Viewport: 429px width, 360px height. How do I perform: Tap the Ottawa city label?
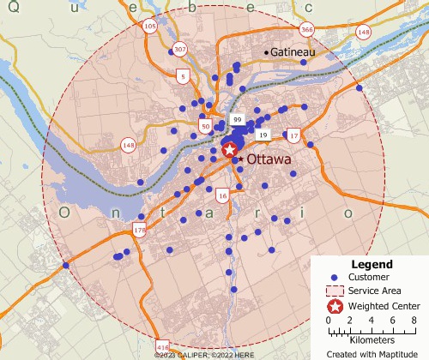(x=269, y=159)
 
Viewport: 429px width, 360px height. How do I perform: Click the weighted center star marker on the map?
(x=231, y=150)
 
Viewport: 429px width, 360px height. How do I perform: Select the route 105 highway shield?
(x=151, y=27)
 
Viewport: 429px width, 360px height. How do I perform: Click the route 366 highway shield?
(x=307, y=31)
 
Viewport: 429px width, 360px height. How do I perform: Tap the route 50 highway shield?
(x=204, y=126)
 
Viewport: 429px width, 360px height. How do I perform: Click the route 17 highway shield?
(x=293, y=135)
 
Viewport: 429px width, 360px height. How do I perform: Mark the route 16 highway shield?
(x=222, y=195)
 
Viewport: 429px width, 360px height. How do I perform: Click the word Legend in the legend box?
(x=372, y=264)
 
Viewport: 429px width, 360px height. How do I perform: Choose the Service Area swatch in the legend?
(x=334, y=291)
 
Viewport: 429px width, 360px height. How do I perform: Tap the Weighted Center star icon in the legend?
(x=334, y=306)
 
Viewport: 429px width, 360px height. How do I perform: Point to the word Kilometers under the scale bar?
(x=372, y=340)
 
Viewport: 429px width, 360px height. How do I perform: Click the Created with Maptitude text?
(x=372, y=352)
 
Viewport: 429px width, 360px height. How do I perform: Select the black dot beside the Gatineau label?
(x=267, y=53)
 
